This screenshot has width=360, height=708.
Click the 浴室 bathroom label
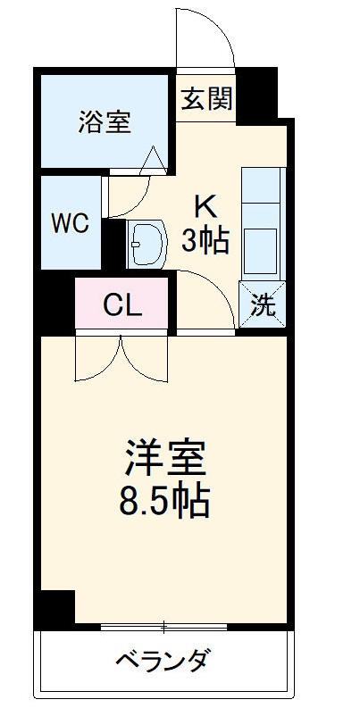click(x=105, y=122)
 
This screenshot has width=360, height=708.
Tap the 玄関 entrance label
click(x=206, y=98)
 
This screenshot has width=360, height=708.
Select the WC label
click(x=69, y=223)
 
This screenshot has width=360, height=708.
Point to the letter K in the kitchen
click(x=206, y=208)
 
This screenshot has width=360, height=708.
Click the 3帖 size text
click(x=206, y=239)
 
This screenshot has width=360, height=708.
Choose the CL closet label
click(x=121, y=305)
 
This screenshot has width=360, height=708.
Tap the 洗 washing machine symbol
click(x=262, y=305)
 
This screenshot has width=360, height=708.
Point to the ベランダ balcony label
click(x=163, y=662)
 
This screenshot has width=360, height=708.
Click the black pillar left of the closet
click(x=55, y=305)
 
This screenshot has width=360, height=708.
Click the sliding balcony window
click(x=164, y=626)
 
